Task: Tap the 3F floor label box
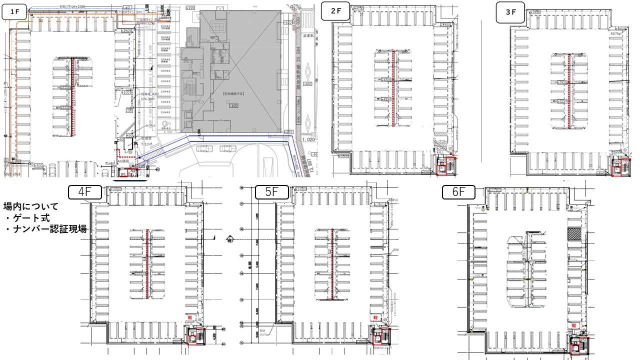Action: point(510,12)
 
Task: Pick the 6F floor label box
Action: point(458,192)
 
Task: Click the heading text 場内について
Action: point(31,206)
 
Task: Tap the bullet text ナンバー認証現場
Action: point(46,229)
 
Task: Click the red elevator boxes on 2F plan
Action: point(446,165)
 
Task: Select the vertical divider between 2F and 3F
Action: point(480,90)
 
